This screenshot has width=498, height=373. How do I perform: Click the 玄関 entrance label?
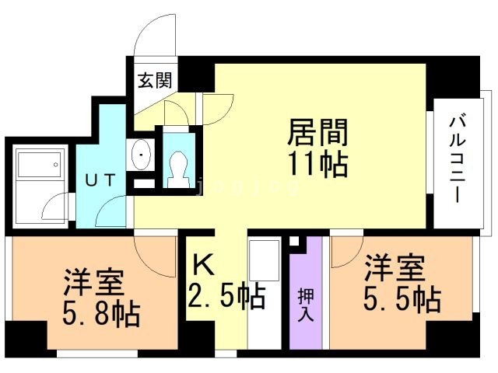point(156,80)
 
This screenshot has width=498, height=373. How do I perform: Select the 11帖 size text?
point(316,165)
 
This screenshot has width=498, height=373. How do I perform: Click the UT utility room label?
point(101,180)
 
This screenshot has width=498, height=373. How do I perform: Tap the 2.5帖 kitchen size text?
point(226,296)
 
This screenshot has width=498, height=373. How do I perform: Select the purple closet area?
point(305,326)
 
